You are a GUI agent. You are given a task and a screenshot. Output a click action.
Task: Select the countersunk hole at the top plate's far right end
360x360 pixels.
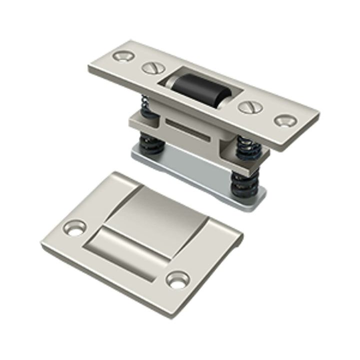(x=285, y=120)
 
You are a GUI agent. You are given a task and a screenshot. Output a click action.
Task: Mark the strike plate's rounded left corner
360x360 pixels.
(x=45, y=245)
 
